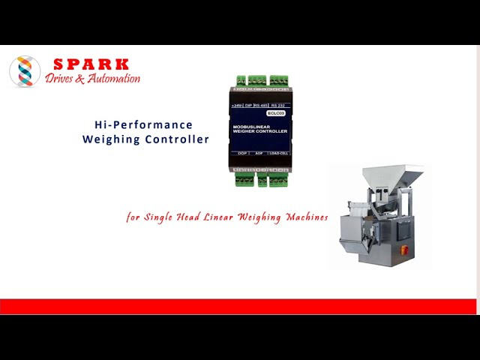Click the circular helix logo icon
pos(25,71)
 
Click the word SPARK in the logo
pos(91,64)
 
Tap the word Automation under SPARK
pos(113,79)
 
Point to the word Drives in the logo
pos(59,79)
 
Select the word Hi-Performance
pos(143,124)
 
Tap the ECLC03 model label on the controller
pos(276,112)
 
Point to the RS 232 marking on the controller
pos(279,106)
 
